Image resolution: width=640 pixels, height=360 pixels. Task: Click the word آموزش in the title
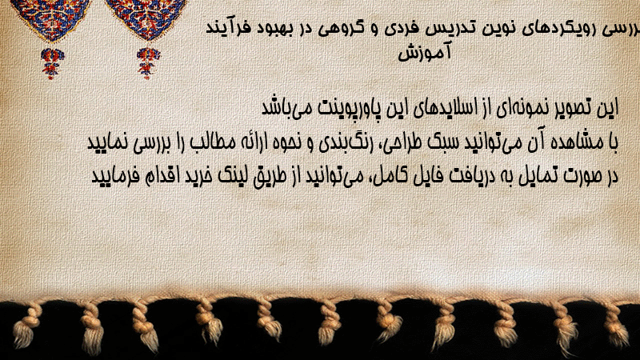click(x=425, y=53)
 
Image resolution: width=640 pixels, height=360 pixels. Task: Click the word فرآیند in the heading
click(x=229, y=29)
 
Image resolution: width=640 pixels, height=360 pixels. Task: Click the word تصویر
click(x=578, y=108)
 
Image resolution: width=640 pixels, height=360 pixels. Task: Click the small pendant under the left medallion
click(x=52, y=63)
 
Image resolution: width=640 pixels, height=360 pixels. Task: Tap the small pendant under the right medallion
click(x=148, y=63)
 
